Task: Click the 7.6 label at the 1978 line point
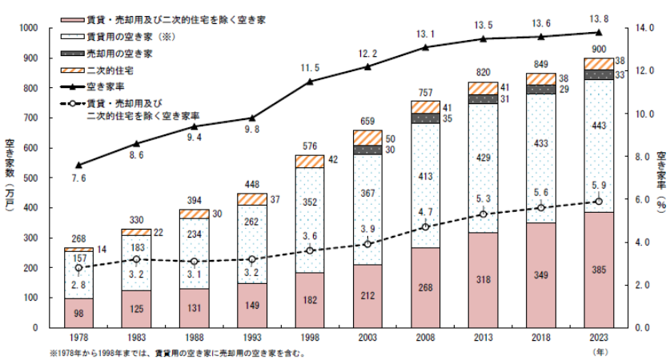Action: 78,178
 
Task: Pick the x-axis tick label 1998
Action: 309,340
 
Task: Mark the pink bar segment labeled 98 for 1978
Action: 78,313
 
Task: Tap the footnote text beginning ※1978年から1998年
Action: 176,352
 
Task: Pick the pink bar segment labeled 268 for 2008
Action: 425,287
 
